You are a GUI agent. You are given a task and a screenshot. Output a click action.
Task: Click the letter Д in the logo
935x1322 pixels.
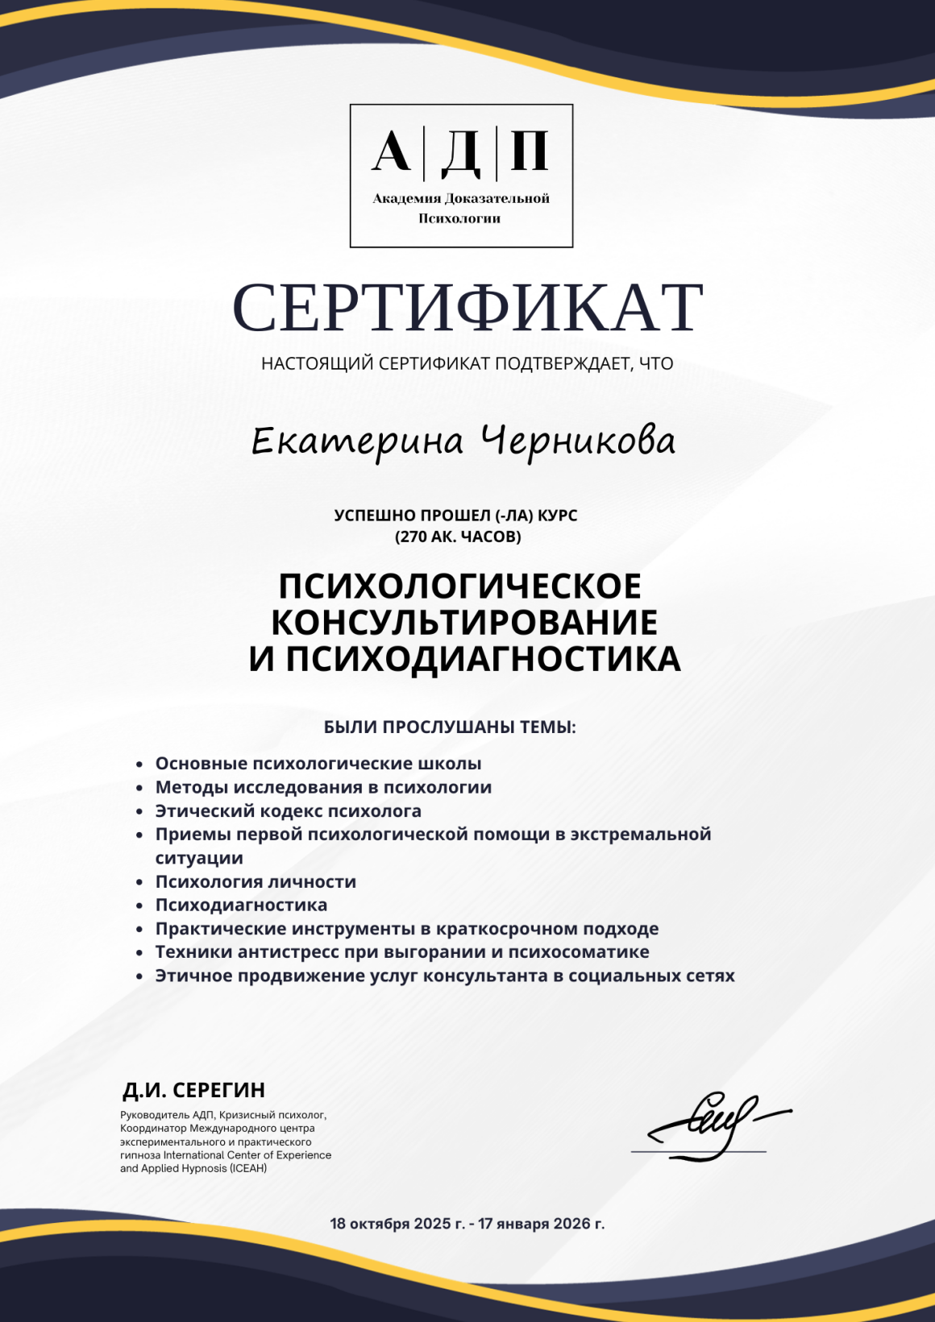coord(461,152)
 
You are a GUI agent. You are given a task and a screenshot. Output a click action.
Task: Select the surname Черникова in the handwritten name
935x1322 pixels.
coord(578,442)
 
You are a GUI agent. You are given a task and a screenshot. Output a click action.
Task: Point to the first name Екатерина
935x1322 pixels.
coord(357,442)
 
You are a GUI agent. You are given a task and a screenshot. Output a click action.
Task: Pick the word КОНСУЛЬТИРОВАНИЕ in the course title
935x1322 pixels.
coord(464,623)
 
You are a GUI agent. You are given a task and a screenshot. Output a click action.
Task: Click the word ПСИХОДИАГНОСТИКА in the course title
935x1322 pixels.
coord(483,659)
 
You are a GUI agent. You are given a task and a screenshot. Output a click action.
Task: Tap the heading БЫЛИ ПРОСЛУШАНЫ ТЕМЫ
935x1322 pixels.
coord(450,727)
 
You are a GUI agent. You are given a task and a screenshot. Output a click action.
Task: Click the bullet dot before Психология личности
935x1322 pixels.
coord(139,883)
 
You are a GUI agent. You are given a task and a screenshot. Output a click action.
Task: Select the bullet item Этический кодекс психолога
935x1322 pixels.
coord(288,811)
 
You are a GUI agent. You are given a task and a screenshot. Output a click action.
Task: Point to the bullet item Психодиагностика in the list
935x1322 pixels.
coord(241,906)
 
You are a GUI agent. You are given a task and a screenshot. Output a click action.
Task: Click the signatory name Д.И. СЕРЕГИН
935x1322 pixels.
coord(193,1091)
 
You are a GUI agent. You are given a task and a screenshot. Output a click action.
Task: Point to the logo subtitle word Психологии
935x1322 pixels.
coord(459,219)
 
